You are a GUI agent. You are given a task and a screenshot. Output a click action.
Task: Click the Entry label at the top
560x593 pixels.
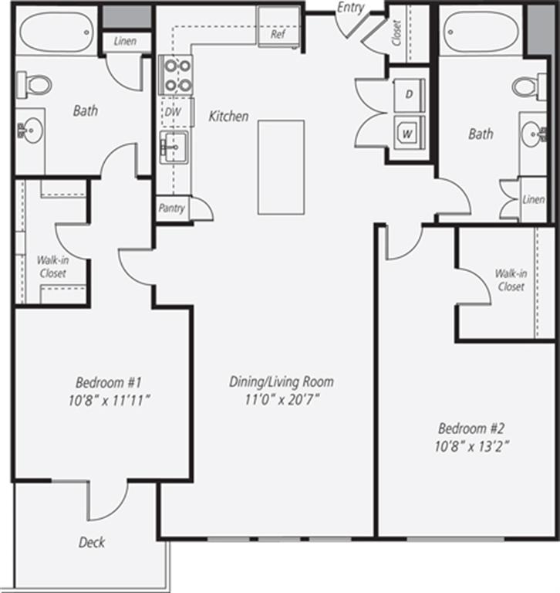click(351, 7)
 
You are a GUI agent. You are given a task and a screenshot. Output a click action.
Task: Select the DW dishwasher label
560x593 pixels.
click(172, 111)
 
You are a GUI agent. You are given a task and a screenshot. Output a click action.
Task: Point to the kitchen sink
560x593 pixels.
click(174, 145)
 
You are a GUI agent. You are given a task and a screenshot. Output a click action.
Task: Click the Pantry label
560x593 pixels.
click(172, 208)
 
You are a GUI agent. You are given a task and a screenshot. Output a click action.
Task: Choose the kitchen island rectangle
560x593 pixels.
click(281, 167)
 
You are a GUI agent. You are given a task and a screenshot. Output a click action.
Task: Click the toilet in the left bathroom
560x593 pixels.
click(34, 83)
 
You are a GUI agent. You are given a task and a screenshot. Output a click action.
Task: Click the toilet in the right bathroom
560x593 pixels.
click(528, 86)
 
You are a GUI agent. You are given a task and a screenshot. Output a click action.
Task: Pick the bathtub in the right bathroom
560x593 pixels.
click(481, 32)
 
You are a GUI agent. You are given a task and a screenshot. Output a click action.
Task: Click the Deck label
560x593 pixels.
click(92, 542)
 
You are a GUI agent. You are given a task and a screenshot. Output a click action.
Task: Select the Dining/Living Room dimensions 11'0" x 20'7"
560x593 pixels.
click(281, 399)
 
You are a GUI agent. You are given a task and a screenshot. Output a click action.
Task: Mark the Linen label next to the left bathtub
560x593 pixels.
click(126, 41)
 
